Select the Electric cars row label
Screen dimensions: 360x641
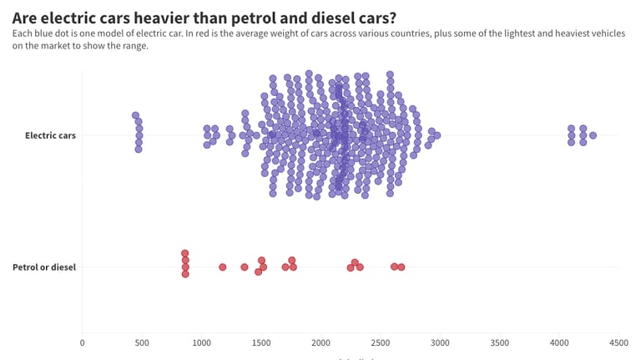coord(50,135)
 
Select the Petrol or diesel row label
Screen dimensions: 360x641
coord(44,267)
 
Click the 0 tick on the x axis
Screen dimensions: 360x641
coord(82,342)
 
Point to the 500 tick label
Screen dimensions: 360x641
coord(141,342)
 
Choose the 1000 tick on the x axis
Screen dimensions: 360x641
coord(201,342)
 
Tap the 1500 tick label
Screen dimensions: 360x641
coord(260,342)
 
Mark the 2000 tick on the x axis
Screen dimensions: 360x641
coord(320,342)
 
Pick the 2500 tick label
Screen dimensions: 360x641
coord(380,342)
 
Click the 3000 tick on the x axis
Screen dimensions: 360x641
coord(440,342)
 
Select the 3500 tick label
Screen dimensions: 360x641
coord(499,342)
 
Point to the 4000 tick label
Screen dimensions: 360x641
coord(559,342)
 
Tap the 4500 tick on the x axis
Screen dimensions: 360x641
coord(618,342)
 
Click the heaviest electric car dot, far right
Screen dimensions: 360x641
coord(593,135)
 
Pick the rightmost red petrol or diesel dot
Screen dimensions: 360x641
coord(401,267)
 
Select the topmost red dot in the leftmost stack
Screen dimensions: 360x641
coord(185,253)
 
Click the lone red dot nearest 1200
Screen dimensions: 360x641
coord(223,267)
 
